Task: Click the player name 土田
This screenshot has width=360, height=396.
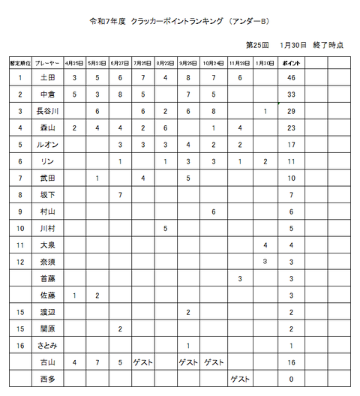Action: pyautogui.click(x=46, y=77)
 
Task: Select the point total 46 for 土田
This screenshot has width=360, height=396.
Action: pyautogui.click(x=290, y=77)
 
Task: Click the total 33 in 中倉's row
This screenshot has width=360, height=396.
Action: pyautogui.click(x=290, y=94)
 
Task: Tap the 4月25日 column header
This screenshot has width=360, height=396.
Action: pyautogui.click(x=75, y=62)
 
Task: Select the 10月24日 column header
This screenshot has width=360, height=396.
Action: pyautogui.click(x=214, y=62)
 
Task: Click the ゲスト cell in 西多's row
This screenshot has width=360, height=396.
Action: pyautogui.click(x=240, y=379)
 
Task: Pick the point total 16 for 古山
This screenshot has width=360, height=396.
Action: pyautogui.click(x=290, y=362)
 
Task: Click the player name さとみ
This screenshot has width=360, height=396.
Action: pyautogui.click(x=46, y=345)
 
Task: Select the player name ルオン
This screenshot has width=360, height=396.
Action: pyautogui.click(x=46, y=144)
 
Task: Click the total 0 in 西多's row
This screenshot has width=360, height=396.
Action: pyautogui.click(x=290, y=379)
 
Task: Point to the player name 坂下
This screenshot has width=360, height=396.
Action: pyautogui.click(x=46, y=195)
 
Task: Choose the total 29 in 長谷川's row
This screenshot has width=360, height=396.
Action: pyautogui.click(x=290, y=111)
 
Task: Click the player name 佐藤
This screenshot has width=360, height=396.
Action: pyautogui.click(x=46, y=295)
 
